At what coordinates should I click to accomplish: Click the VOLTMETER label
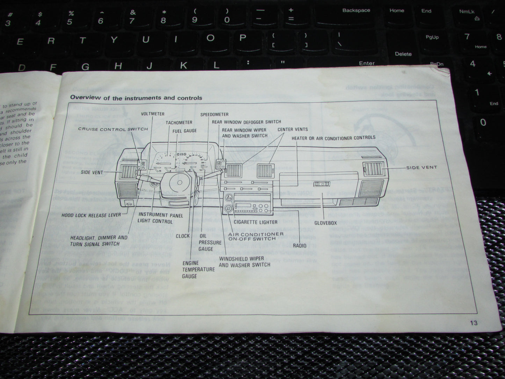153,114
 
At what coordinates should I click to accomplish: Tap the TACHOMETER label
179,122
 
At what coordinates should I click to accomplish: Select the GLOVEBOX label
325,223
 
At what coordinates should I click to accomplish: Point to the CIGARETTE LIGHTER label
255,222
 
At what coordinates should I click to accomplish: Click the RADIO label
300,245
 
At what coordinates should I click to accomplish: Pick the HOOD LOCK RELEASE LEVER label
91,215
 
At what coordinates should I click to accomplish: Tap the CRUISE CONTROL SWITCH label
113,129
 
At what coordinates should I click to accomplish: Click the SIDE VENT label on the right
421,167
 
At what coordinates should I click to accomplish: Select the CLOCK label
183,236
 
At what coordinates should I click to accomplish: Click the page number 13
474,323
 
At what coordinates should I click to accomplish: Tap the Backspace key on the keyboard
356,11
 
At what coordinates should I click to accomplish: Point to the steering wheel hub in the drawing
179,183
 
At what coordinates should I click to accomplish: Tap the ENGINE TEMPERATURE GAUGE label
198,269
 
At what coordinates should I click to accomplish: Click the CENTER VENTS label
293,129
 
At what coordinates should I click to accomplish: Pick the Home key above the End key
397,11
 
